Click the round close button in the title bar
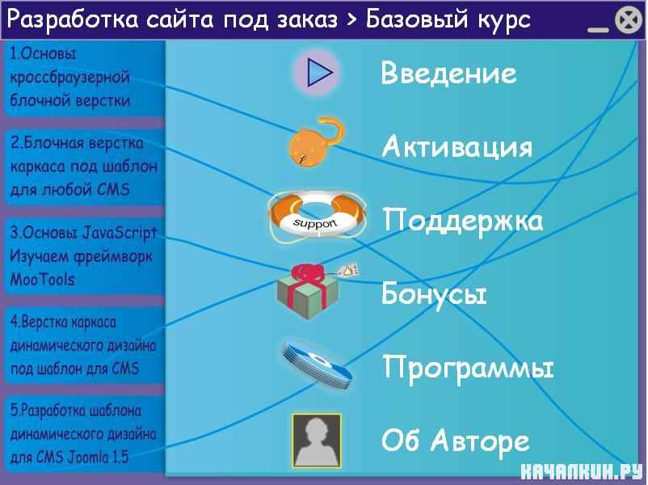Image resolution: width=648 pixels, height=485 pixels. coord(629,20)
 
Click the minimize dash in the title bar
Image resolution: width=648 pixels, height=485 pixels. coord(598,30)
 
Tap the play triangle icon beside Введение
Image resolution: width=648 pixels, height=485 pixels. coord(318,73)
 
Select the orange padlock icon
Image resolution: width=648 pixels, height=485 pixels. coord(316,142)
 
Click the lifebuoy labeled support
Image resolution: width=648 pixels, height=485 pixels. coord(317,217)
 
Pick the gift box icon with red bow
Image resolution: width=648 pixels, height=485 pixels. coord(312,292)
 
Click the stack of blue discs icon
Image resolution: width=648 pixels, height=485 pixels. coord(318,365)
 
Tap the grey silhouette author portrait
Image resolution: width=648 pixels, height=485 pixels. coord(317,441)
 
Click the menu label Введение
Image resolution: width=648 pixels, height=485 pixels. coord(448,74)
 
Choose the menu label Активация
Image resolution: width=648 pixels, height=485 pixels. coord(457,147)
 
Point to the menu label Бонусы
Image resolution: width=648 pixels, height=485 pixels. coord(434,293)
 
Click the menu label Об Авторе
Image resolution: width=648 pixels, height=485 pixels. coord(456,441)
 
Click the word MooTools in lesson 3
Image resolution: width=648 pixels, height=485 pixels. coord(42,280)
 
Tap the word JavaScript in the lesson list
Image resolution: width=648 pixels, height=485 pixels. coord(120,233)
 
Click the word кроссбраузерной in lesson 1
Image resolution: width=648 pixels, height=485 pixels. coord(69,78)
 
